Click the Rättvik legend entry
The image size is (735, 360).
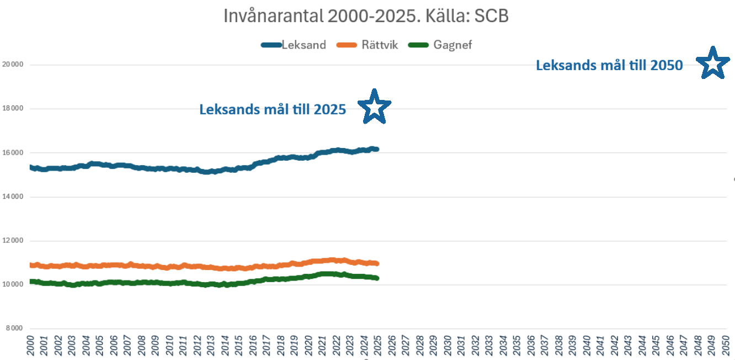pyautogui.click(x=380, y=45)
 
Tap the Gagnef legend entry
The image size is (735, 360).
pyautogui.click(x=452, y=45)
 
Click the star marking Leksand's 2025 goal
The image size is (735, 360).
pyautogui.click(x=375, y=106)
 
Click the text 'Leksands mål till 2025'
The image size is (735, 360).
pyautogui.click(x=273, y=109)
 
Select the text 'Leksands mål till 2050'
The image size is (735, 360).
pyautogui.click(x=609, y=66)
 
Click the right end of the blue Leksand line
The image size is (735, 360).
pyautogui.click(x=377, y=149)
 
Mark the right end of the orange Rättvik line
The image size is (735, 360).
pyautogui.click(x=377, y=263)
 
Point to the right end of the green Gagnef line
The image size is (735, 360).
pyautogui.click(x=377, y=278)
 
